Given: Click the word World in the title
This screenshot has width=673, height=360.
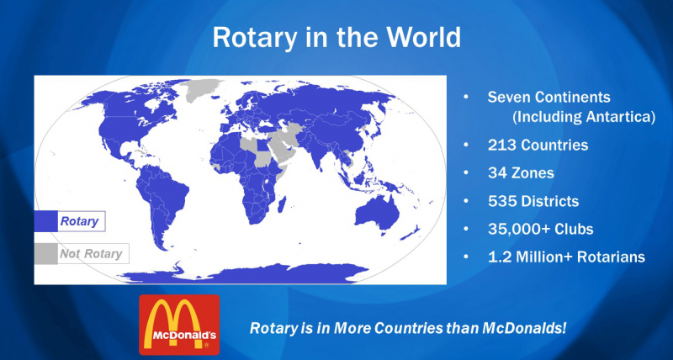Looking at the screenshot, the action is click(x=424, y=37).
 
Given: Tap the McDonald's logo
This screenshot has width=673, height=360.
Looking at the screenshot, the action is click(x=179, y=325).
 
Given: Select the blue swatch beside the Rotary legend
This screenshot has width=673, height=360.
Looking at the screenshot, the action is click(x=46, y=221).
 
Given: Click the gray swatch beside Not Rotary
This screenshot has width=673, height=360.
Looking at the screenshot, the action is click(x=46, y=253).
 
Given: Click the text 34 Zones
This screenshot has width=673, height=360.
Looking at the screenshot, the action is click(x=521, y=173).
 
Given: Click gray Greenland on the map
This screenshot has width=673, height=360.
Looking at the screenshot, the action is click(x=201, y=89).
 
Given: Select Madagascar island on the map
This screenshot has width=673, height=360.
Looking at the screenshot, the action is click(x=282, y=204).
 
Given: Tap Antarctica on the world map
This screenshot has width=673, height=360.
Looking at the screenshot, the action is click(x=245, y=273).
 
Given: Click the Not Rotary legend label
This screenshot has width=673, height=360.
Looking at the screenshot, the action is click(x=91, y=253).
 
